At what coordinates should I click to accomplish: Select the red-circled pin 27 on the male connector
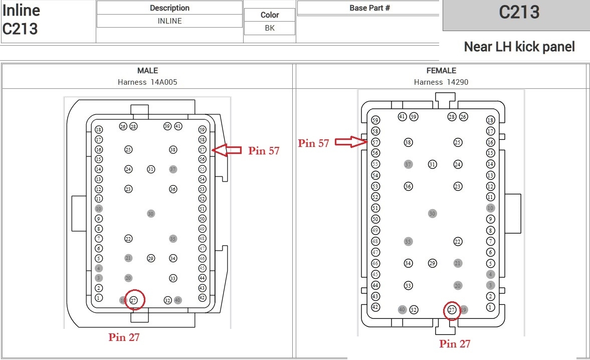coord(134,300)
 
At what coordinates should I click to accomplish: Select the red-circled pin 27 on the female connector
coord(452,310)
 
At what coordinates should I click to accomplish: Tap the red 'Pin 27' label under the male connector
coord(124,337)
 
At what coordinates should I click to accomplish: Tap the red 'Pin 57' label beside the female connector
coord(314,143)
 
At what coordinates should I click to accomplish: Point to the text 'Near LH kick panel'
coord(519,47)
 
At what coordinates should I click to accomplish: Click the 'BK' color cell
coord(270,28)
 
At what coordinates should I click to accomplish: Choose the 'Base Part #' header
coord(369,8)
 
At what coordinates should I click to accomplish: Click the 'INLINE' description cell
coord(169,21)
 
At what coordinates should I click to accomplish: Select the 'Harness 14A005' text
coord(147,82)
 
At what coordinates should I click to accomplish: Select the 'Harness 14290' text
coord(441,82)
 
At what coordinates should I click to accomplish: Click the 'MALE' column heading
coord(147,71)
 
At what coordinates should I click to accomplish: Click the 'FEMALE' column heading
coord(441,71)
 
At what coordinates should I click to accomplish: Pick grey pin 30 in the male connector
coord(151,214)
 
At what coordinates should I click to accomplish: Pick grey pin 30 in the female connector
coord(433,214)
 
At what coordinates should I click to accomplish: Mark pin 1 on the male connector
coord(99,298)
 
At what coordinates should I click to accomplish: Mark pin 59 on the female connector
coord(375,120)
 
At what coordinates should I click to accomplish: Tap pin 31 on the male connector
coord(151,169)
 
